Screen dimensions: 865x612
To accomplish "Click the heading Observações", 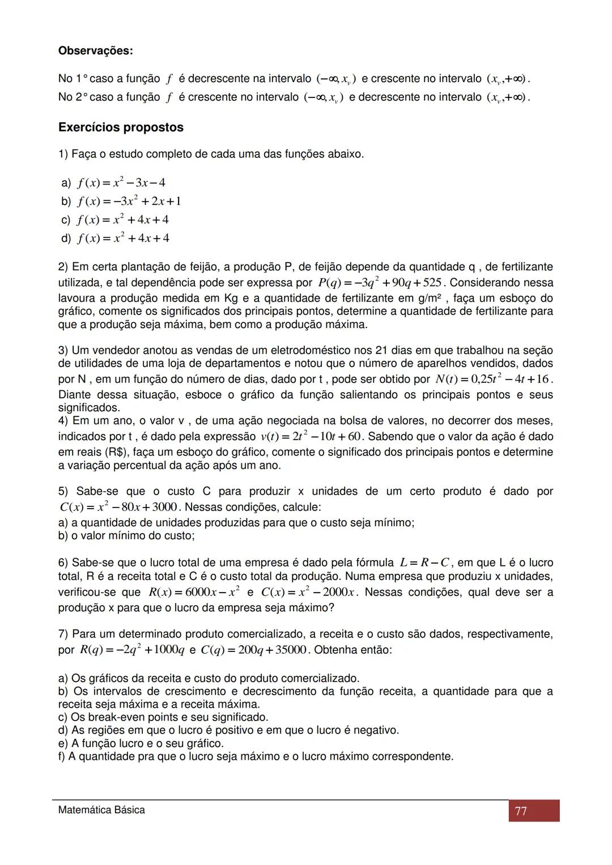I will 95,51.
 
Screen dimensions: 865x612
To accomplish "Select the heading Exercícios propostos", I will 121,127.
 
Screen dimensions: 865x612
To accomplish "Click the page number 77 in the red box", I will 521,811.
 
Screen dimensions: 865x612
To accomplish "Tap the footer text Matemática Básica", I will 101,810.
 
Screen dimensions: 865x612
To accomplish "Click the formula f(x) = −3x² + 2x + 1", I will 129,202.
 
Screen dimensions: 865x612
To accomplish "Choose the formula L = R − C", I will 424,563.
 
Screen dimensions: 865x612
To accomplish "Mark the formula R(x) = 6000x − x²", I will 194,592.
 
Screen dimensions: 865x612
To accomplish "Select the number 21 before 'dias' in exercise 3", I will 382,351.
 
